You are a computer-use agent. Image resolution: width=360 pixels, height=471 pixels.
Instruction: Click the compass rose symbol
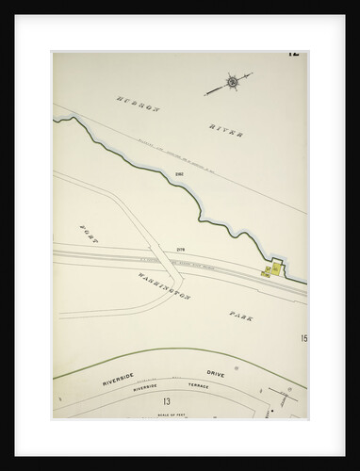pos(232,82)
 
